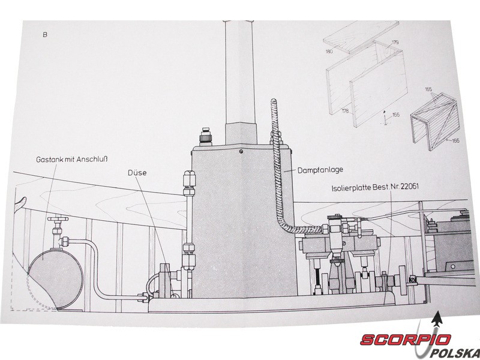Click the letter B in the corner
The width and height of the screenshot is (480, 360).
pyautogui.click(x=45, y=35)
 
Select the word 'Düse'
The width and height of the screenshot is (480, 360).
pyautogui.click(x=137, y=173)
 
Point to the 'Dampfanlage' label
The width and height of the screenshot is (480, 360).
pyautogui.click(x=320, y=170)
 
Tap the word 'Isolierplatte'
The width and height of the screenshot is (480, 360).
pyautogui.click(x=351, y=188)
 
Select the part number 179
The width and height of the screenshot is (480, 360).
pyautogui.click(x=395, y=42)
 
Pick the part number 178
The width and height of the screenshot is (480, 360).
pyautogui.click(x=345, y=111)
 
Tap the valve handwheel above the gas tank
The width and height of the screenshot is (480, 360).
pyautogui.click(x=57, y=219)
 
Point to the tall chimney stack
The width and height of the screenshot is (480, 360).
pyautogui.click(x=239, y=83)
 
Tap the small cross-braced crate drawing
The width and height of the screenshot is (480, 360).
pyautogui.click(x=434, y=121)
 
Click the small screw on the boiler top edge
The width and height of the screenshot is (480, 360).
pyautogui.click(x=241, y=151)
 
